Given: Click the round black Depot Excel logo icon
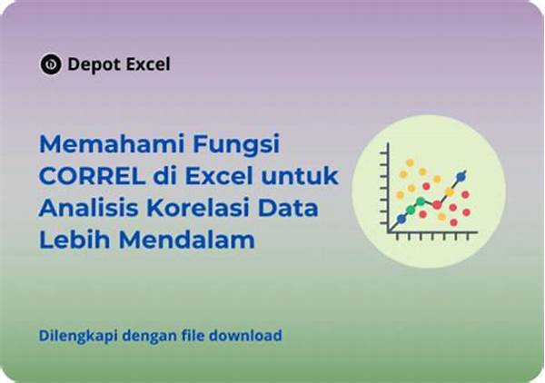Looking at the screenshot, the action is (x=51, y=64).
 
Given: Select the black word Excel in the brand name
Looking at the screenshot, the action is (x=148, y=64).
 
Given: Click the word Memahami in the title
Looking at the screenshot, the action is (x=113, y=143).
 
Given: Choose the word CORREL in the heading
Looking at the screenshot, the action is (x=92, y=176).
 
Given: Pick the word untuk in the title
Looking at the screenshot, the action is (x=300, y=176).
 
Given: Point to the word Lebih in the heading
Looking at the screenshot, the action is (x=74, y=240).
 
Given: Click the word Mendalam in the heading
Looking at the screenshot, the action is (x=187, y=240).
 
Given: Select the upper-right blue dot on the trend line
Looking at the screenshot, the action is (x=461, y=177).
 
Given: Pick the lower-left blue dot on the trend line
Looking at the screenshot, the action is (x=401, y=219).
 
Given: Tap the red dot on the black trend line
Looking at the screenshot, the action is (x=437, y=205).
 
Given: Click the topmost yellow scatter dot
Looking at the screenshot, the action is (x=411, y=162).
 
